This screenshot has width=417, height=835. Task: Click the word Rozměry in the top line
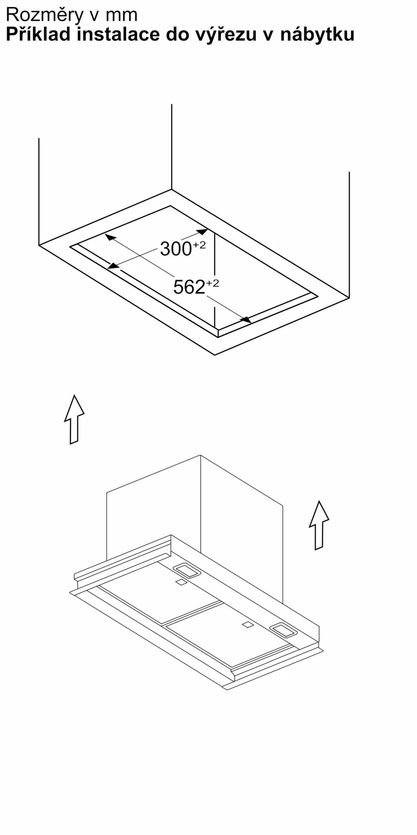coord(45,15)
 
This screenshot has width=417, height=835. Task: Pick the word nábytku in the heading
coord(317,35)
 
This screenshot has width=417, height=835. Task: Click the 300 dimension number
coord(176,249)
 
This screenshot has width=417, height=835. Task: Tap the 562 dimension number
coord(189,287)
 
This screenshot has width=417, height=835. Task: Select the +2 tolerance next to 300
coord(199,245)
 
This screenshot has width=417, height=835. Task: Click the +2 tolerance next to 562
coord(213,283)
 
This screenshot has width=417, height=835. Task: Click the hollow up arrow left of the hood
coord(74,419)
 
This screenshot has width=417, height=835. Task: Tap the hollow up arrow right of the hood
coord(319,525)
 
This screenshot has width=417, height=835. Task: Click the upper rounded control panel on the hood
coord(187,571)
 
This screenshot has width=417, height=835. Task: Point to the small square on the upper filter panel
coord(181,582)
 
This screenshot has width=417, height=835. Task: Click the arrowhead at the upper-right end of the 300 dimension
coord(202,231)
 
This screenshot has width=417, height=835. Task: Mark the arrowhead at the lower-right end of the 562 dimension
coord(246,319)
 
